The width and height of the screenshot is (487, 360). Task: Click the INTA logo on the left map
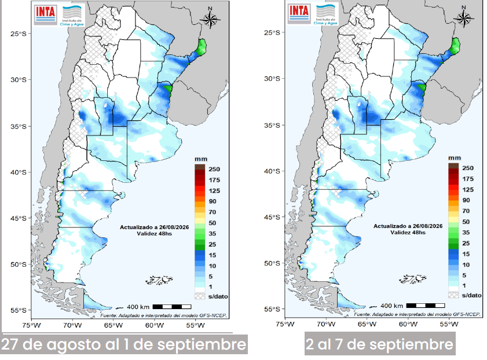tap(45, 14)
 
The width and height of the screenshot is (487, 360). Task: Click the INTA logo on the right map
tap(299, 13)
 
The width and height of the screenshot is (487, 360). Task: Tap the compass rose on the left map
tap(210, 19)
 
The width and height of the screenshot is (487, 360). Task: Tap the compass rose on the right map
tap(464, 18)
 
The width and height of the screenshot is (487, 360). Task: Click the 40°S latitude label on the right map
tap(272, 171)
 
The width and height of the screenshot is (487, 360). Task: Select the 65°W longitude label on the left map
tap(113, 325)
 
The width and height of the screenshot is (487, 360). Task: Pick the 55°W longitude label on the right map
tap(448, 324)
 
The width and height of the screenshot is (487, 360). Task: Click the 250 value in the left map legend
tap(214, 169)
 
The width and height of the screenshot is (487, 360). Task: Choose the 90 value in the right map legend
tap(466, 200)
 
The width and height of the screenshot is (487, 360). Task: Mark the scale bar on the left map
tap(172, 307)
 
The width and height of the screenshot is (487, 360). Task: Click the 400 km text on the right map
tap(391, 306)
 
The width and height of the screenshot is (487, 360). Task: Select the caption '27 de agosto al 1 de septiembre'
tap(123, 344)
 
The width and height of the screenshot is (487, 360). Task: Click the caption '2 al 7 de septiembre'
tap(379, 344)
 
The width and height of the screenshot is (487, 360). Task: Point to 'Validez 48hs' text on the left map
tap(155, 233)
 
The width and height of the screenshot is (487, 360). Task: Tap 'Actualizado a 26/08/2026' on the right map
tap(408, 226)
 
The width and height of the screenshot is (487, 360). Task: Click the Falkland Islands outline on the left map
tap(159, 280)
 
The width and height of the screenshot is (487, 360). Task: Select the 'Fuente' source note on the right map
tap(417, 314)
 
